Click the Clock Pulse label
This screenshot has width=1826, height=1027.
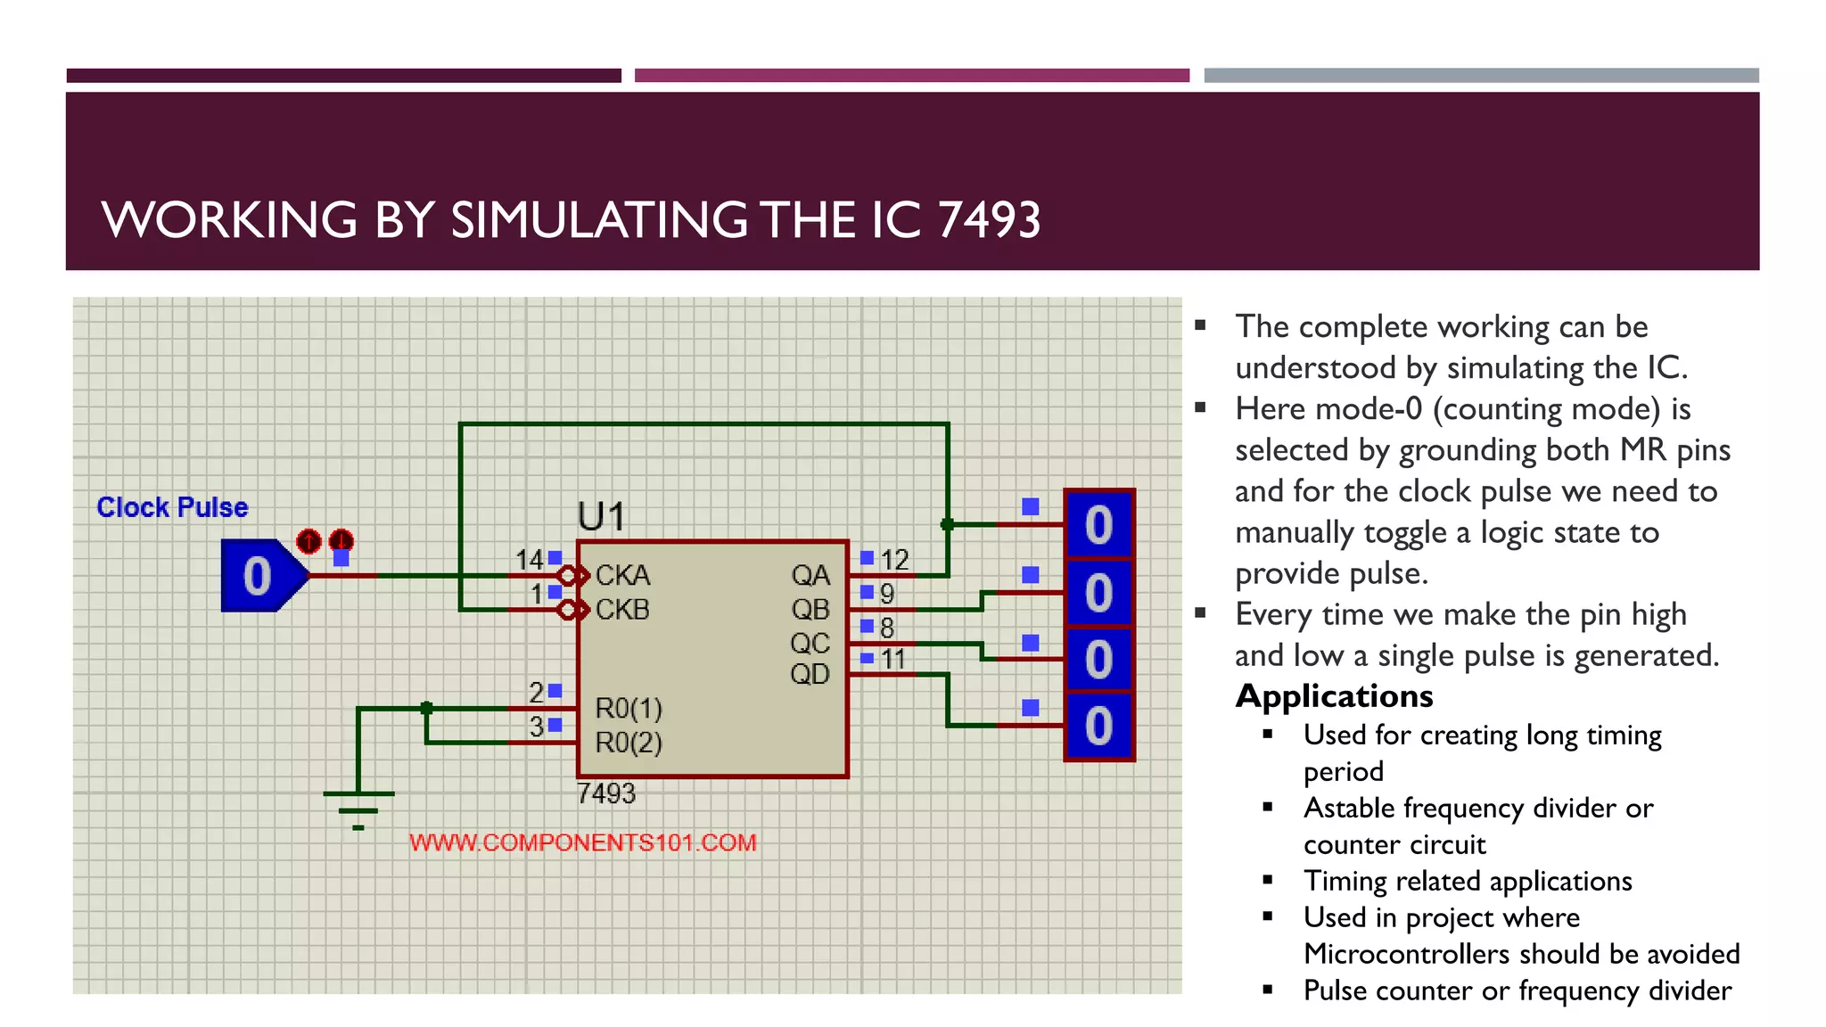[172, 507]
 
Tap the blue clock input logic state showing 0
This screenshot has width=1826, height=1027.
[259, 576]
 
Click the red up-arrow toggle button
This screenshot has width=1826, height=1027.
[308, 540]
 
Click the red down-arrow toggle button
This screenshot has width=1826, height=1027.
[341, 540]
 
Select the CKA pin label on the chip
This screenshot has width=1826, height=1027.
[622, 575]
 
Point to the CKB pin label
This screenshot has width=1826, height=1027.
[622, 610]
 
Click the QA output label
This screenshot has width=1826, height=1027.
[810, 575]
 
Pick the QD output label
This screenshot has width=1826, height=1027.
[810, 674]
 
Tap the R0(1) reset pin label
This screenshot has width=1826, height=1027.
[629, 709]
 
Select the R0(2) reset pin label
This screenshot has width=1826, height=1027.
[629, 743]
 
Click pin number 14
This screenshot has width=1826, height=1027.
[529, 560]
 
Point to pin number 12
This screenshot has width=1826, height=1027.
[894, 560]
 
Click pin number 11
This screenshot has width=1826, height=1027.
[893, 660]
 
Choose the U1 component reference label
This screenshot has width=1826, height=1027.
[601, 517]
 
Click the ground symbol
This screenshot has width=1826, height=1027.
[358, 808]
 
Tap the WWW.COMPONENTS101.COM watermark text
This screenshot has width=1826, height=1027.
[583, 842]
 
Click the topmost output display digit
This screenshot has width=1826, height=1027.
[1098, 525]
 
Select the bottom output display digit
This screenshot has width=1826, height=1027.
[1098, 726]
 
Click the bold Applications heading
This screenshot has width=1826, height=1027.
[1334, 696]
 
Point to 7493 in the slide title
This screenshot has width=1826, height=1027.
[990, 220]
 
